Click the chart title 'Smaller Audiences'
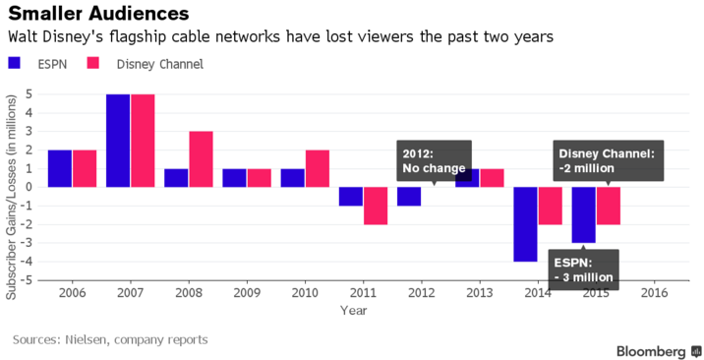99,15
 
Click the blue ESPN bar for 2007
118,140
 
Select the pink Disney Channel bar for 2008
202,158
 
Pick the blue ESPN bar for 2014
525,224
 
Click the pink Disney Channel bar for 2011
376,206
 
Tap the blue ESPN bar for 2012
409,196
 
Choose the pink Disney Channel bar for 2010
318,168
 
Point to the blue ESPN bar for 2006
60,168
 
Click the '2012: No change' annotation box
434,160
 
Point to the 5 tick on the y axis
30,93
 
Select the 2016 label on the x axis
653,293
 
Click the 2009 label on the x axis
246,293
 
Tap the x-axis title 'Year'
353,310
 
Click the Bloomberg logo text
651,350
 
